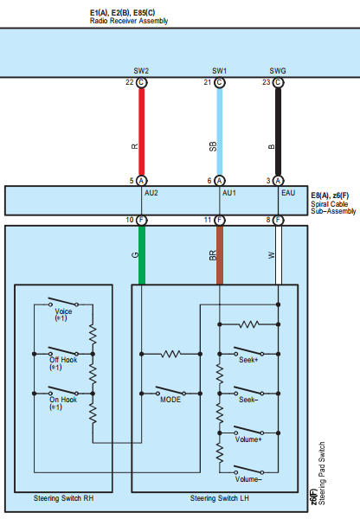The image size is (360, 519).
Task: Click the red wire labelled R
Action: click(x=141, y=131)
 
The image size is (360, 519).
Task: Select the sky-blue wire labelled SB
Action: click(x=220, y=131)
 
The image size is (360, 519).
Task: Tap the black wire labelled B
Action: click(x=278, y=131)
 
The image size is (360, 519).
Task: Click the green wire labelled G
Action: click(x=142, y=255)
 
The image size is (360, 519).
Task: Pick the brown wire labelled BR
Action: click(x=220, y=255)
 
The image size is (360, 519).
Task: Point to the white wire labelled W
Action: click(x=279, y=255)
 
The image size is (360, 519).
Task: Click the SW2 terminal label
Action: click(x=141, y=71)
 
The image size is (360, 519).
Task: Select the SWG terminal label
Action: click(x=278, y=71)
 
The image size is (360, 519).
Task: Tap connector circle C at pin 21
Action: click(x=219, y=82)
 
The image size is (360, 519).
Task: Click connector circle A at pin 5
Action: click(x=141, y=181)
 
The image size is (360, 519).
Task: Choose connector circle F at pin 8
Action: click(x=278, y=220)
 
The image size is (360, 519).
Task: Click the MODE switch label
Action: click(x=170, y=400)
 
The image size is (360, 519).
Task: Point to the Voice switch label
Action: click(x=63, y=311)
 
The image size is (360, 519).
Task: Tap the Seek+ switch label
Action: click(x=248, y=360)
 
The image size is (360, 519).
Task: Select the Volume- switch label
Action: click(x=248, y=479)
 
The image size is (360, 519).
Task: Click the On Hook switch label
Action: click(x=63, y=400)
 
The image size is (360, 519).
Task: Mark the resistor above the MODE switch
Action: click(x=170, y=354)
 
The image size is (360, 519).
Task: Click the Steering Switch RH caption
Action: click(x=63, y=498)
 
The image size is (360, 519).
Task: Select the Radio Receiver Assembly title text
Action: click(x=129, y=21)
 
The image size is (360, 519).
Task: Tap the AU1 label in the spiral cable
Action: click(x=229, y=193)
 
